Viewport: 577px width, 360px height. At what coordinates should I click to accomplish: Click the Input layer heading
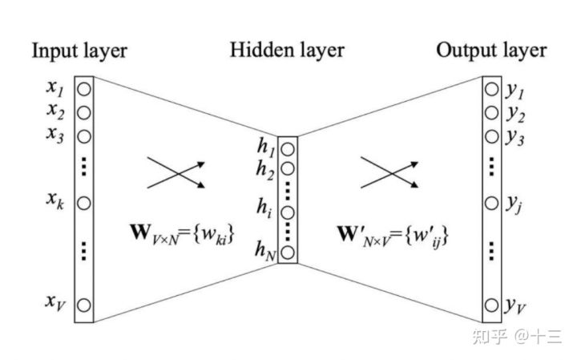[79, 51]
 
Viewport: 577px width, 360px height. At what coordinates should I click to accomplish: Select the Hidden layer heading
[287, 51]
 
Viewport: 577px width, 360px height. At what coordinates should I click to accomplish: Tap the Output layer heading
[491, 51]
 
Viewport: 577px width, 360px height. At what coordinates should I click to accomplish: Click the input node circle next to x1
[86, 87]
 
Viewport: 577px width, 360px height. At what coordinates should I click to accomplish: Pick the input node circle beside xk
[86, 204]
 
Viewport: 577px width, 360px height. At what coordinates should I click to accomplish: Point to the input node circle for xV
[86, 305]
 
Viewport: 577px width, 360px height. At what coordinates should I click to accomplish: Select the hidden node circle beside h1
[288, 150]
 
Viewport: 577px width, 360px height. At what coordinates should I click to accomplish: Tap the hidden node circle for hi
[288, 212]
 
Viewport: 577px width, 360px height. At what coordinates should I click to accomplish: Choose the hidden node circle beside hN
[288, 253]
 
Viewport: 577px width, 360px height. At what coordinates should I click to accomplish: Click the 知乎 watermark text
[489, 337]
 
